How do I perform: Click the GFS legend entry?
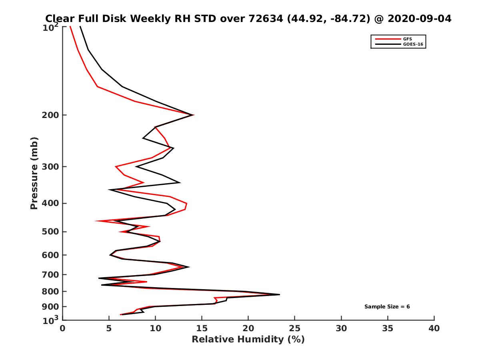pyautogui.click(x=407, y=39)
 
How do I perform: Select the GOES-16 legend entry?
pyautogui.click(x=412, y=44)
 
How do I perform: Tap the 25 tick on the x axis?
pyautogui.click(x=295, y=328)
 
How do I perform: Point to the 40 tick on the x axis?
pyautogui.click(x=434, y=328)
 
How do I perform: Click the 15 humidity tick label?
pyautogui.click(x=202, y=328)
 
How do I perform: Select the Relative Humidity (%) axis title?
pyautogui.click(x=248, y=340)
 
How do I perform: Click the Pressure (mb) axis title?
pyautogui.click(x=34, y=173)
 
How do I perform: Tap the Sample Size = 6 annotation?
pyautogui.click(x=387, y=307)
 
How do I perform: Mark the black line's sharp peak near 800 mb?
pyautogui.click(x=279, y=294)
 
